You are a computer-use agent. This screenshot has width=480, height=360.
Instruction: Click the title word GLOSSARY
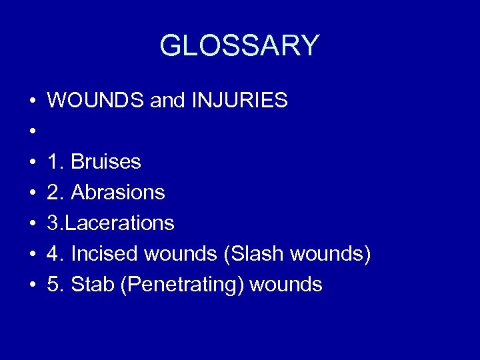click(x=239, y=45)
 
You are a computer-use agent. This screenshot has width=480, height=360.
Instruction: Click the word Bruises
click(x=106, y=162)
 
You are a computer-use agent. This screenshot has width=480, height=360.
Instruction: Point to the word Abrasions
click(x=118, y=193)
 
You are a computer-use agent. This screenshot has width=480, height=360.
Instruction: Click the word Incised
click(x=103, y=254)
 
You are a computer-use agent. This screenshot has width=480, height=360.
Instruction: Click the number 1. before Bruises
click(x=55, y=162)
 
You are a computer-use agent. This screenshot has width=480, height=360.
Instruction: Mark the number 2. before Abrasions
click(x=55, y=193)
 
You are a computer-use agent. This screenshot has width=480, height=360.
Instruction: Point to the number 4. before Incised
click(x=55, y=254)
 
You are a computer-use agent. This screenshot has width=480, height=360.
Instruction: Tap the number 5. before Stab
click(x=55, y=285)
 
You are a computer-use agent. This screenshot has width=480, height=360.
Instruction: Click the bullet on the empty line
click(x=33, y=132)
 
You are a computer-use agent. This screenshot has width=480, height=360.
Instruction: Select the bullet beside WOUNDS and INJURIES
click(x=33, y=101)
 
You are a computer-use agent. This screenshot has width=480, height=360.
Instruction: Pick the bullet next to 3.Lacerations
click(x=33, y=224)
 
